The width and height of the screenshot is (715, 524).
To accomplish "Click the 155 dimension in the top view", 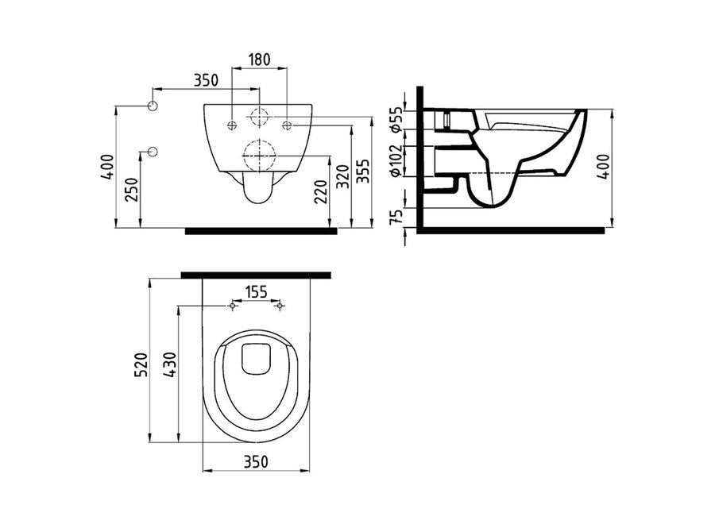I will click(255, 293).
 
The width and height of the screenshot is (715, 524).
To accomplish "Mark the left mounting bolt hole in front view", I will click(231, 125).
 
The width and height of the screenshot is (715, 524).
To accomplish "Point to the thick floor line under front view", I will click(261, 232).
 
